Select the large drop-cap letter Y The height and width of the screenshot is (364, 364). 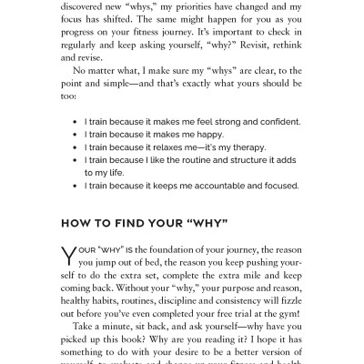66,263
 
